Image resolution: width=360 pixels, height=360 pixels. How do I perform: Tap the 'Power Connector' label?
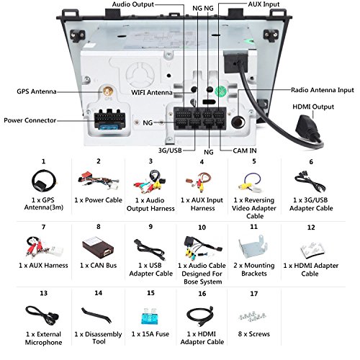coord(30,120)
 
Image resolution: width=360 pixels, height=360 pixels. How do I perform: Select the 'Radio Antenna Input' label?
coord(323,90)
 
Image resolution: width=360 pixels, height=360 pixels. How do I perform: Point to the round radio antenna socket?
coord(238,122)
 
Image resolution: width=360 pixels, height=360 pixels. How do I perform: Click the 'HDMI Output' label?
coord(313,107)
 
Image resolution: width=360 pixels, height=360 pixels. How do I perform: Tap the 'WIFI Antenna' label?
coord(152,92)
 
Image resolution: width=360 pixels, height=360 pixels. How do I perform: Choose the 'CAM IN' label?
coord(245,150)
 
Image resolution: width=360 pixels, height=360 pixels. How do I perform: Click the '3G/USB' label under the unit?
coord(170,150)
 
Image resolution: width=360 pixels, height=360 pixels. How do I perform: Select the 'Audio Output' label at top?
coord(133,4)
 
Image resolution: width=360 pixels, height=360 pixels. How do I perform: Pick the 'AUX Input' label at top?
coord(264,4)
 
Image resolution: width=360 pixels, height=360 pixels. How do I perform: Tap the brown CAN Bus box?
coord(98,248)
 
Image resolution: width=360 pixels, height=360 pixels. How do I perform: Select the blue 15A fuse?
coord(150,316)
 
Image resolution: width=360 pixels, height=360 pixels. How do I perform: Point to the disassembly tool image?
coord(96,315)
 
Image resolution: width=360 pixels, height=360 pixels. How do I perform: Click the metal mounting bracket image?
coord(253,247)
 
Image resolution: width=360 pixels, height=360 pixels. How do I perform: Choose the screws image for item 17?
coord(252,317)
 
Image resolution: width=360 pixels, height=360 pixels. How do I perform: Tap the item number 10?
coord(202,228)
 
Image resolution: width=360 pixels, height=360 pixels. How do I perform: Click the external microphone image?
coord(42,315)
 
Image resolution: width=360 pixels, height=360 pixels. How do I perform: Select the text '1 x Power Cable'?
coord(98,200)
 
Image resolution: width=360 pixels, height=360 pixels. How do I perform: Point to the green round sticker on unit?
coord(220,91)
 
